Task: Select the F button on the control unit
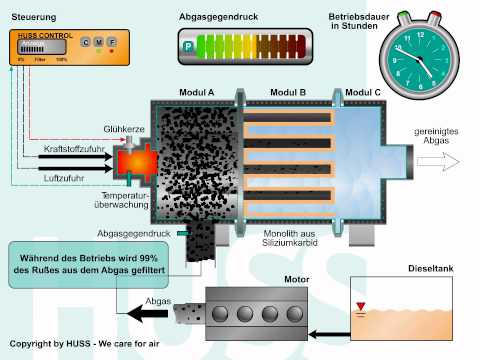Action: (111, 42)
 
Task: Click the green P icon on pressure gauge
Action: (187, 45)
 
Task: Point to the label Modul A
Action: (196, 92)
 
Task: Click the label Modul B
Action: (288, 92)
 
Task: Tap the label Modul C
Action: (363, 92)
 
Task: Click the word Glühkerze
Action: (124, 129)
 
